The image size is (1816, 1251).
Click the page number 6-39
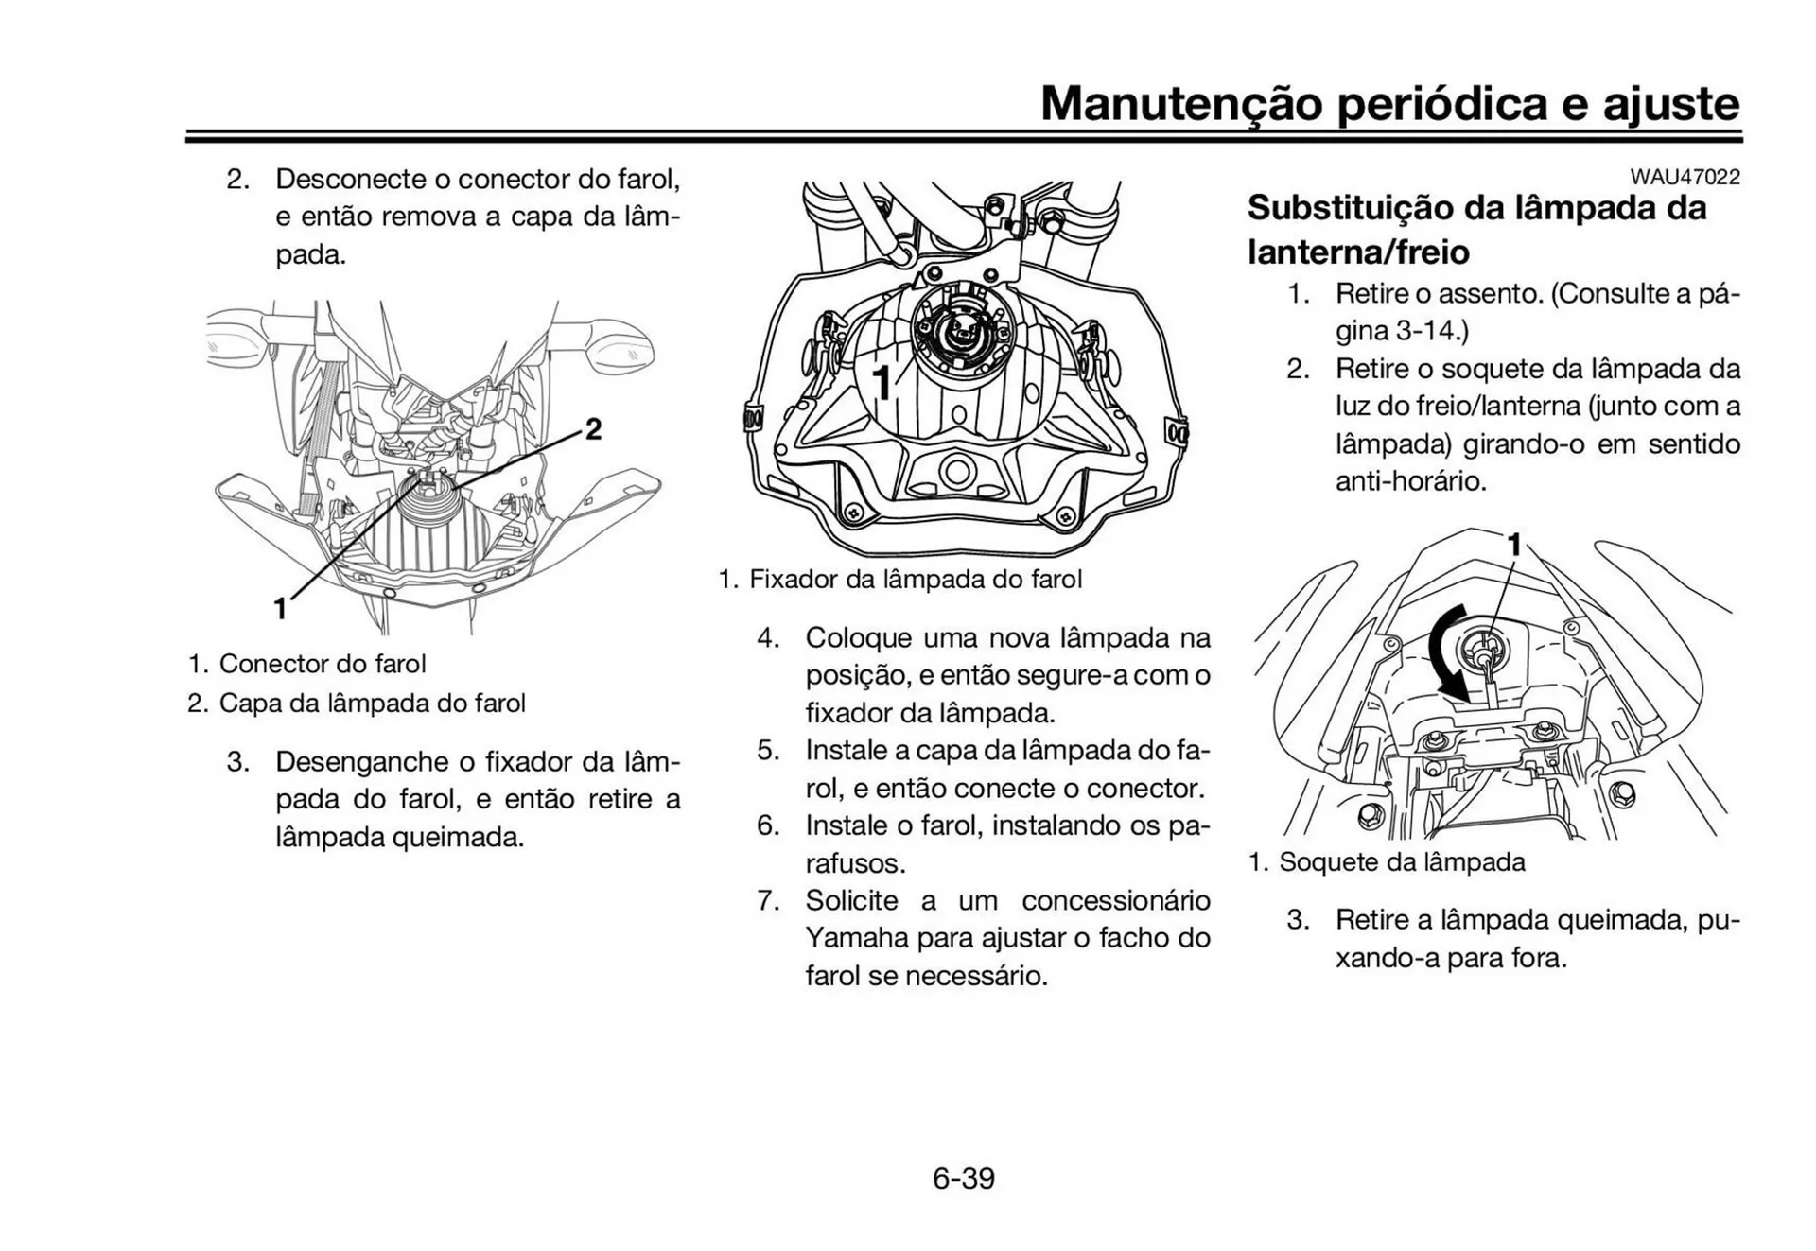click(963, 1178)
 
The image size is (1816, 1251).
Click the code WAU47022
click(1684, 177)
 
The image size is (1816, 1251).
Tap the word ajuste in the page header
click(1670, 103)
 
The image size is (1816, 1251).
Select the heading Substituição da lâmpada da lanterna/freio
click(1476, 229)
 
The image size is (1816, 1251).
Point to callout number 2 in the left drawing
click(593, 429)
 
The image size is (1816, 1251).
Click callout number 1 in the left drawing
click(280, 608)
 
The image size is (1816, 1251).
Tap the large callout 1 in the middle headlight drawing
click(881, 384)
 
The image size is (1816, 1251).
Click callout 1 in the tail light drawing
click(1514, 545)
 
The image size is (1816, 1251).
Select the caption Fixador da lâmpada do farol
click(915, 579)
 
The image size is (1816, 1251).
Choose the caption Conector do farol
click(322, 664)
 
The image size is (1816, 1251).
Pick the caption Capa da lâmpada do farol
click(372, 704)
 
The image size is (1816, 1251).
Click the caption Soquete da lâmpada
click(1402, 862)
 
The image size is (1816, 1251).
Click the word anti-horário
click(1409, 481)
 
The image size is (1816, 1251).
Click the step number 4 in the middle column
click(767, 638)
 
